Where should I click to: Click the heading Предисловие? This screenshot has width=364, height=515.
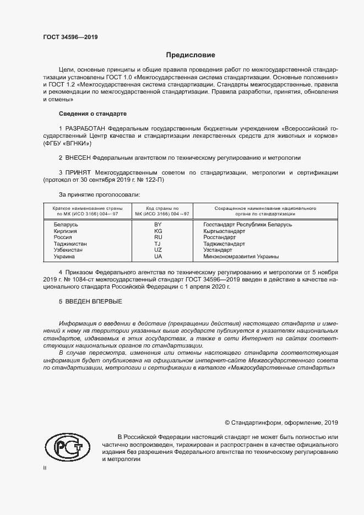pyautogui.click(x=191, y=55)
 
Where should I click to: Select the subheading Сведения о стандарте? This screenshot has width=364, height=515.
pyautogui.click(x=93, y=113)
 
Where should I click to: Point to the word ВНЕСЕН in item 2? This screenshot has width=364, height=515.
pyautogui.click(x=79, y=158)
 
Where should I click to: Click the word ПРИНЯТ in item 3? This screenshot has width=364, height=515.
pyautogui.click(x=79, y=172)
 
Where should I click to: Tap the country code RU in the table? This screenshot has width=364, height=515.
pyautogui.click(x=158, y=237)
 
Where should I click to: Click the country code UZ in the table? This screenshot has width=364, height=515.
pyautogui.click(x=158, y=250)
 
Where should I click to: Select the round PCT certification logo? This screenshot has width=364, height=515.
pyautogui.click(x=67, y=448)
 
